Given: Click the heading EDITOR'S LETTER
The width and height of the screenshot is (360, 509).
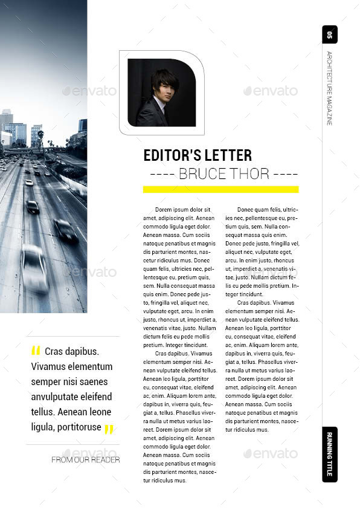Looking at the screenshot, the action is pos(198,155).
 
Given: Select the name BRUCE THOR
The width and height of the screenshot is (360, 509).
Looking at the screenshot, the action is pos(223,175).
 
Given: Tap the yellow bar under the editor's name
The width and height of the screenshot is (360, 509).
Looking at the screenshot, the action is pos(220,189).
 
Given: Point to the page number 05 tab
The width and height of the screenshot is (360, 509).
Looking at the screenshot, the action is pos(329,34).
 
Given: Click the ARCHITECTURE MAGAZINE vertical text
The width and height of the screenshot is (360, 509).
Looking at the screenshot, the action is pos(329,88).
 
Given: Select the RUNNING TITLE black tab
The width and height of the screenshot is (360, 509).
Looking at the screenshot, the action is pos(329,454).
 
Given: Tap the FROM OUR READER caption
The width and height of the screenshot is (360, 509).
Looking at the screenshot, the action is pos(85,460).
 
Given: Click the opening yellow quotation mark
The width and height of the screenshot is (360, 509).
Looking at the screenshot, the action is pos(36,351).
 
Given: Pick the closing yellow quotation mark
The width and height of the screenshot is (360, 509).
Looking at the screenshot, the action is pos(109,429).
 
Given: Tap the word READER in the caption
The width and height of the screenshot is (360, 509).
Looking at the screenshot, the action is pos(105,460).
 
